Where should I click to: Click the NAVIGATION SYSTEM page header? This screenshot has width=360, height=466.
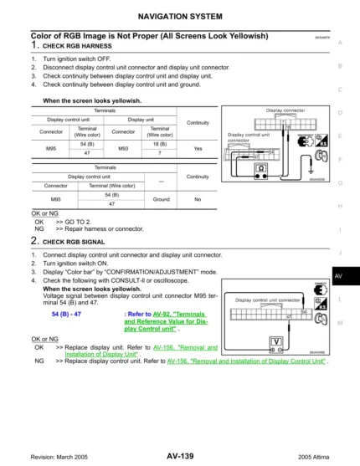coord(180,16)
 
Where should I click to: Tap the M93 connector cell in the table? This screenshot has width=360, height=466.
coord(123,148)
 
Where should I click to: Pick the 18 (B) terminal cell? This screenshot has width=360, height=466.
coord(159,144)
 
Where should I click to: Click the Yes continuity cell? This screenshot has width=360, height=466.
coord(198,148)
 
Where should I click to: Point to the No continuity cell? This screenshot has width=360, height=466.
coord(198,199)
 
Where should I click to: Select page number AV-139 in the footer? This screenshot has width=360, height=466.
coord(180,456)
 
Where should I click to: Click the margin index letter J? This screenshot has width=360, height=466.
coord(340,252)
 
